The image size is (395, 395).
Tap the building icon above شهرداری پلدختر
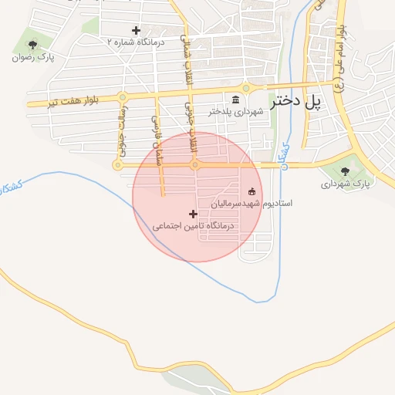[235, 100]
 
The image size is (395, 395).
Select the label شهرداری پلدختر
[235, 112]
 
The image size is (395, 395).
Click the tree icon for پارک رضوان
[32, 44]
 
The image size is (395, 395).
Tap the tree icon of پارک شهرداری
[345, 171]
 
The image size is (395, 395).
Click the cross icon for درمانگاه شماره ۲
[136, 31]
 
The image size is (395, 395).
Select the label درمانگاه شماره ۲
[137, 42]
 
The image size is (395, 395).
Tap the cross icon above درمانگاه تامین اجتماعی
[193, 213]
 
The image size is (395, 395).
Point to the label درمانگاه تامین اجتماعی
[193, 226]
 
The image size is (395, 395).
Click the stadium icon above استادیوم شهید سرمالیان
[252, 191]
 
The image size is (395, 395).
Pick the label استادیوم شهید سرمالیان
[252, 204]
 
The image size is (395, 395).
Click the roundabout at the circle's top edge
[195, 164]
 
